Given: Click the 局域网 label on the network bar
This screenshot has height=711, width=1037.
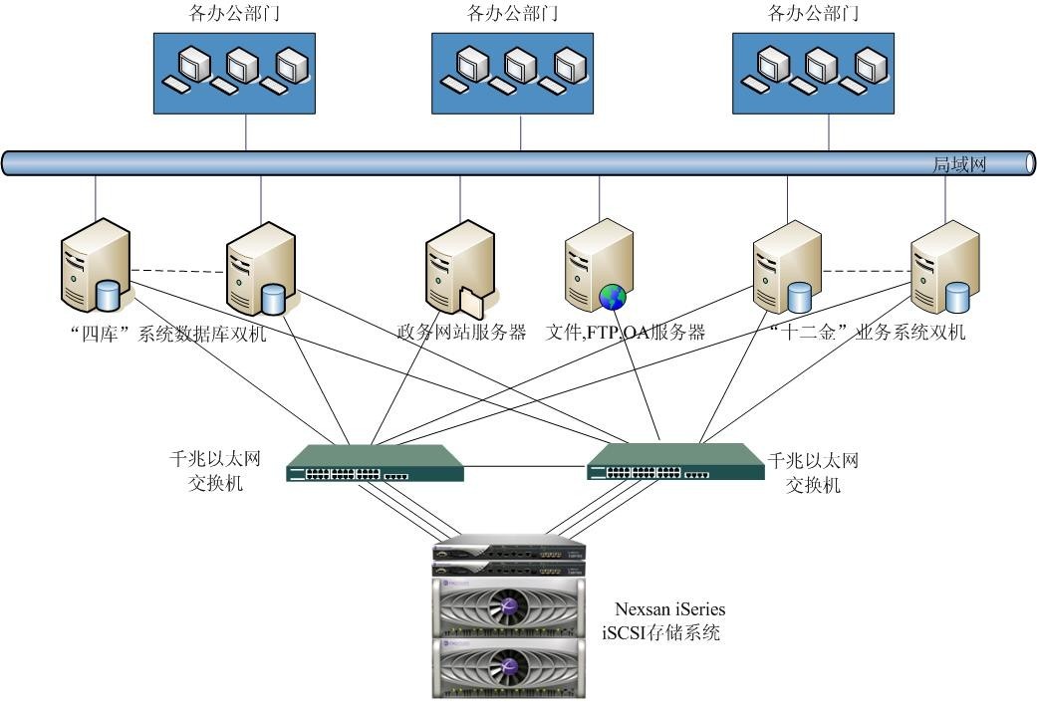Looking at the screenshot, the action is (959, 164).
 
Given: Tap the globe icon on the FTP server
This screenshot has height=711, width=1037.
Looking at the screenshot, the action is (613, 297).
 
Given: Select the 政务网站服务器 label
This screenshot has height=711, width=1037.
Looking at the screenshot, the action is (461, 332).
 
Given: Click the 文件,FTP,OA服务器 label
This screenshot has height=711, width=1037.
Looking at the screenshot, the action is (625, 332).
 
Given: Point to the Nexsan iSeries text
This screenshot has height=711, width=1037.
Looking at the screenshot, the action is (670, 608).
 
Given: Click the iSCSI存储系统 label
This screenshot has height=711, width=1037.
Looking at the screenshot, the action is (660, 632).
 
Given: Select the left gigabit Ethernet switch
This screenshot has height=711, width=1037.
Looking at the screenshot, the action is (375, 463).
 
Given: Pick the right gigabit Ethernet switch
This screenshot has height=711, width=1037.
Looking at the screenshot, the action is (675, 461).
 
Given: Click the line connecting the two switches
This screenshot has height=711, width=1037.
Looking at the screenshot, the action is (525, 467).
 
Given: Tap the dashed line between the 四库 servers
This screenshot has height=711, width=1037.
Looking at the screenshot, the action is (178, 271).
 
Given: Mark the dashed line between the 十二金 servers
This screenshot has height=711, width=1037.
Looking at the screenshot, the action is (867, 271).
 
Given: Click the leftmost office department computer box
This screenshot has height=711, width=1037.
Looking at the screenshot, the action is (234, 74).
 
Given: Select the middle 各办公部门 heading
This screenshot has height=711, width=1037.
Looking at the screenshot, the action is (512, 13).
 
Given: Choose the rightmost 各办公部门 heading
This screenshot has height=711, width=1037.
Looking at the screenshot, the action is (813, 13).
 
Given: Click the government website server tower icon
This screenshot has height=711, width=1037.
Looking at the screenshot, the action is (460, 267).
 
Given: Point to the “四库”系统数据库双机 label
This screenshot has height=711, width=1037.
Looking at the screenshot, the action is (168, 333).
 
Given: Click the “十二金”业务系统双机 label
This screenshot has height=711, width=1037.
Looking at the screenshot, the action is (867, 332).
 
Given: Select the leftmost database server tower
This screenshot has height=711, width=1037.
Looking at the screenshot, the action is (96, 265).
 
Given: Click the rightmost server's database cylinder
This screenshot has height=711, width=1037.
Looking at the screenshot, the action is (957, 297).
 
